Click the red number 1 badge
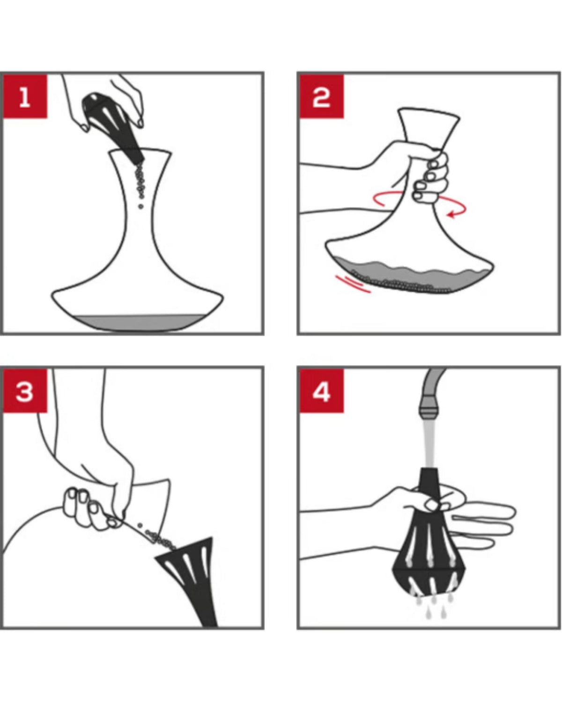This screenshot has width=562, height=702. pos(25,96)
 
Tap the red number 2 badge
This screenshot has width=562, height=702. pos(322,96)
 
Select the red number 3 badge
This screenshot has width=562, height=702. pos(25,391)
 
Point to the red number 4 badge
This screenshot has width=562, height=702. pos(322,391)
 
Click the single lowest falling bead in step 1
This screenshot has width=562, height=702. pos(141,206)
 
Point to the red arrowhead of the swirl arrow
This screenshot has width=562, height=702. pos(452,214)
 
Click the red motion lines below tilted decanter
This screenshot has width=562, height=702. pos(353,283)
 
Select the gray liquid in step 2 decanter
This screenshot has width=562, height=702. pos(413,276)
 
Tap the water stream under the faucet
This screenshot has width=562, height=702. pos(429,444)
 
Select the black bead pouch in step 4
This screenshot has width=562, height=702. pos(429,535)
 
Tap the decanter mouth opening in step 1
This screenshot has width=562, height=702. pos(140,152)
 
